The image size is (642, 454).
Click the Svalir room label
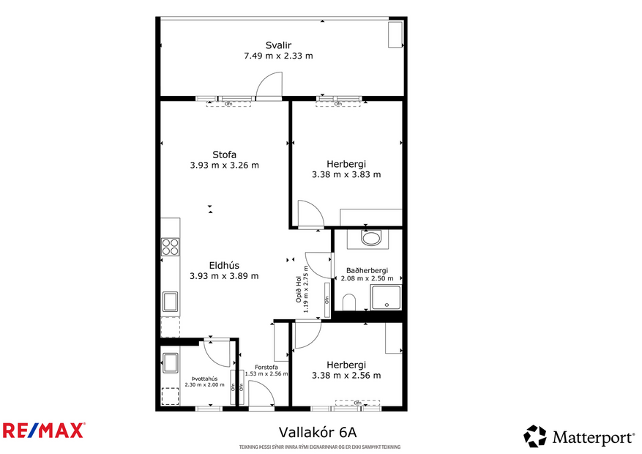coord(278,45)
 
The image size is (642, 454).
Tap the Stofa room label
coord(224,155)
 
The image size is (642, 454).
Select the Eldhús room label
coord(224,266)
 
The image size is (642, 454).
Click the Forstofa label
coord(266,367)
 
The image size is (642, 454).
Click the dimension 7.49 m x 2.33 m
coord(278,56)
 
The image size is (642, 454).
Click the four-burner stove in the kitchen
coord(170,247)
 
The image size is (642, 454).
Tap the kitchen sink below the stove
coord(170,301)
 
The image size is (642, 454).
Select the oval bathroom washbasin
coord(371,239)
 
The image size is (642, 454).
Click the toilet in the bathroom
coord(349,301)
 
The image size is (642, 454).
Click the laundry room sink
coord(170,362)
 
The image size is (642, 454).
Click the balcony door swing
coord(269,86)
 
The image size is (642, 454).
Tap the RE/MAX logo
coord(44,431)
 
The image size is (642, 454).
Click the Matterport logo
coord(578,437)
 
